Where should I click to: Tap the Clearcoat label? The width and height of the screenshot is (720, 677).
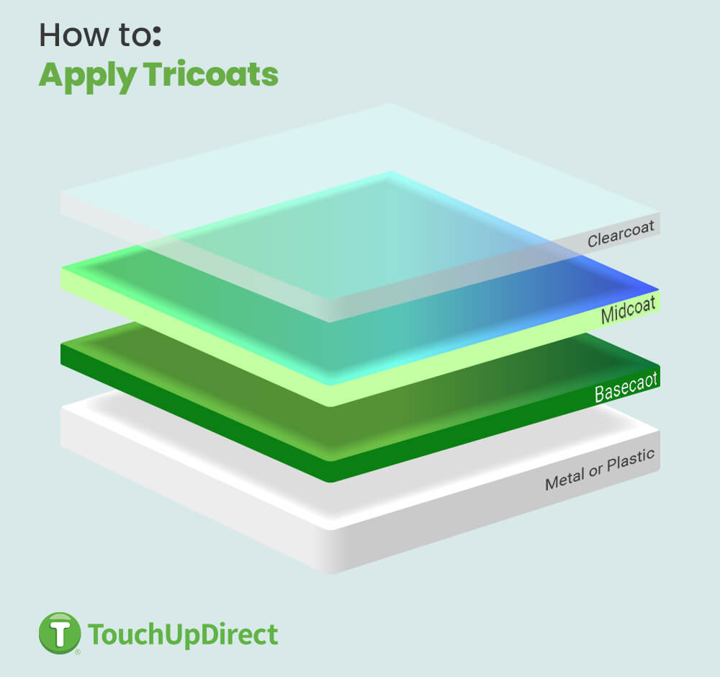pos(621,233)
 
